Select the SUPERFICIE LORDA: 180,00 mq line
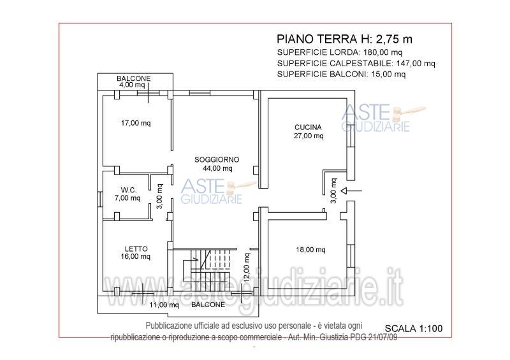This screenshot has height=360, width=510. point(340,52)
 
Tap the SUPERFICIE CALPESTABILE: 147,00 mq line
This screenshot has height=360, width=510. point(356,63)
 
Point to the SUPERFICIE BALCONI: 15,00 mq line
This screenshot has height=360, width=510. point(341,74)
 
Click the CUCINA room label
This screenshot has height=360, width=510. point(308,127)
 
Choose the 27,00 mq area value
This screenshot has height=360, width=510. point(309,135)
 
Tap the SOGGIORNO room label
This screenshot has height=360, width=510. point(217,159)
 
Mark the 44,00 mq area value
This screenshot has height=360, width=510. point(217,168)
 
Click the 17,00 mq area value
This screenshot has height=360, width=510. point(136,123)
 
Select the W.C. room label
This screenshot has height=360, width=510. point(129,189)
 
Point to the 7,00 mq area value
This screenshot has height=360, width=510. point(127,198)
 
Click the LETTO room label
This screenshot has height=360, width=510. point(136,248)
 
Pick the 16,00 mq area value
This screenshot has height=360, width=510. point(136,257)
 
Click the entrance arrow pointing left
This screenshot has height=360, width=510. point(352,190)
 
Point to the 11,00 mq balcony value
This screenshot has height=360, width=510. point(164,305)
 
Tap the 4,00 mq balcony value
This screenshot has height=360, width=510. point(132,84)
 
